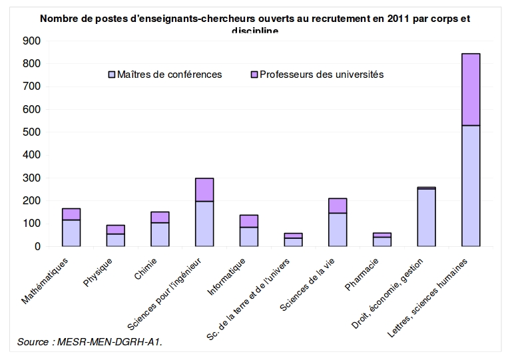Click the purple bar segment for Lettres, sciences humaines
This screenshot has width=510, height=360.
pos(471,89)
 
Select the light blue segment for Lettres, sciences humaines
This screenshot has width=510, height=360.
pos(471,186)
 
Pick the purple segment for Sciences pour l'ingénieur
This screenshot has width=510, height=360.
pos(204,190)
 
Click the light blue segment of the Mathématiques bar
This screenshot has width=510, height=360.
pos(71,233)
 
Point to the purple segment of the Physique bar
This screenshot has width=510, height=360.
pos(116,230)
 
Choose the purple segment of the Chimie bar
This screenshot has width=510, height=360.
pos(160,217)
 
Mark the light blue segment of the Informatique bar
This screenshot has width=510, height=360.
pos(249,236)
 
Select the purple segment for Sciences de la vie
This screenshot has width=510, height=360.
pos(338,206)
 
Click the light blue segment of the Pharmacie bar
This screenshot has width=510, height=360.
pos(382,242)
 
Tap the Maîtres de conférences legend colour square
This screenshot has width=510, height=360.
pos(112,75)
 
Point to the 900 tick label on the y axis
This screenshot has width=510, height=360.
pos(31,41)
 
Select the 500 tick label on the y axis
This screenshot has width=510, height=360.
pos(31,132)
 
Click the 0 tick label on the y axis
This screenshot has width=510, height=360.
pos(37,246)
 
